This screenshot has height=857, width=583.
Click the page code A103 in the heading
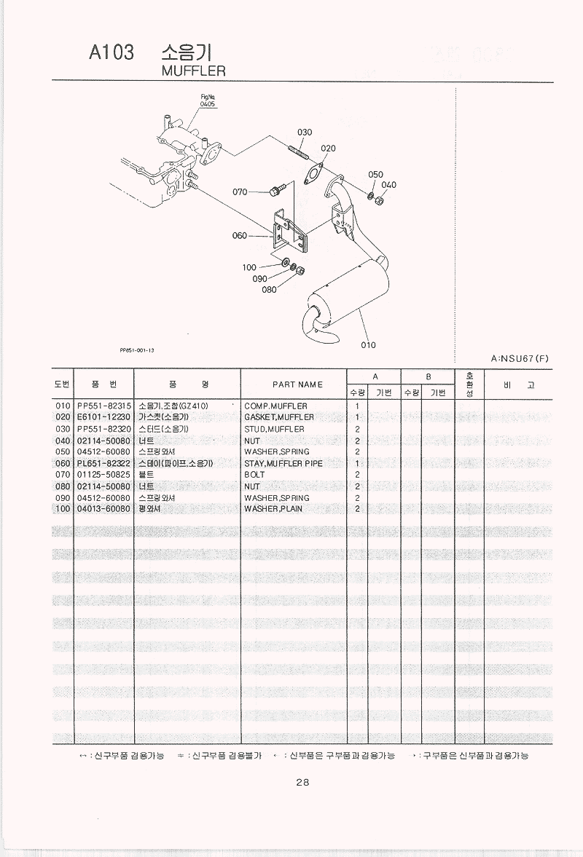[111, 52]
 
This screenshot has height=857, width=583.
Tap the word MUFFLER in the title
[192, 71]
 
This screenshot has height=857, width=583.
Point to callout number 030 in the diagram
[305, 132]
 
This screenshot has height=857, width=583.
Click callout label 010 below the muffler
[368, 345]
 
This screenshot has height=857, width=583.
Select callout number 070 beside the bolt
[240, 192]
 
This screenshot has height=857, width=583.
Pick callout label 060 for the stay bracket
[240, 235]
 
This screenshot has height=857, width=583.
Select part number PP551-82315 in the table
[103, 406]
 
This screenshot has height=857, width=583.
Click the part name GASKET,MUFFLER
[279, 417]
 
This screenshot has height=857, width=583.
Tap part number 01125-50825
[103, 475]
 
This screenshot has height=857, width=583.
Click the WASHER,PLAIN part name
[273, 509]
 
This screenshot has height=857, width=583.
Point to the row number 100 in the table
[63, 509]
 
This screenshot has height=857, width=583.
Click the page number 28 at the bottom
[302, 783]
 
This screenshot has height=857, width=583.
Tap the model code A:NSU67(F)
[520, 358]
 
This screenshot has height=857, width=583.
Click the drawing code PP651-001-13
[137, 350]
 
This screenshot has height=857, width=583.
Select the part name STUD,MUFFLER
[274, 429]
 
